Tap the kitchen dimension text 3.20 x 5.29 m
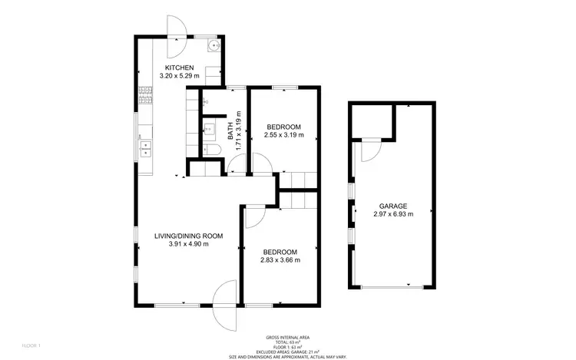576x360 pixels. (x=178, y=76)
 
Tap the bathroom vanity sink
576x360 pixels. (x=208, y=129)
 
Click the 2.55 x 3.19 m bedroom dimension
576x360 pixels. (x=283, y=135)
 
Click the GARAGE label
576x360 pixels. (x=392, y=206)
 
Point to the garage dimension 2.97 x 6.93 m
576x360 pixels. (x=392, y=214)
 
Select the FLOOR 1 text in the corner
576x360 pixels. (x=31, y=345)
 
